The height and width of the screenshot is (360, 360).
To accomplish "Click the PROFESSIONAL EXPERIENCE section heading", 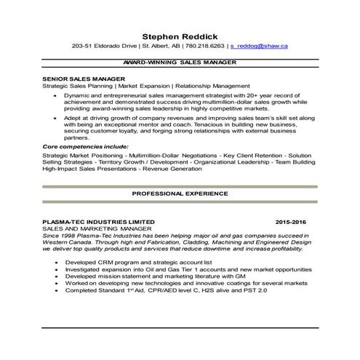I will point(180,195).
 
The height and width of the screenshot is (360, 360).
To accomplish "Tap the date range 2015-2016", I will point(292,220).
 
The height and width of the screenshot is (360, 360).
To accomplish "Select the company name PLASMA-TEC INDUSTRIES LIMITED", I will point(98,220).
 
